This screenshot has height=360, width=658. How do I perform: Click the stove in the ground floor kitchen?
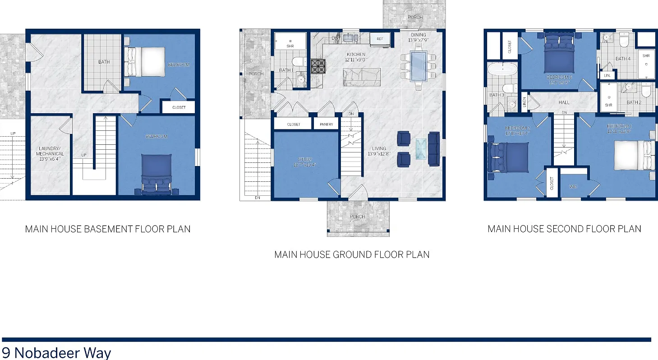click(318, 66)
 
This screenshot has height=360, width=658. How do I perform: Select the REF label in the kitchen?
click(380, 39)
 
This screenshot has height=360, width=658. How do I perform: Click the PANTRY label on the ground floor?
click(326, 124)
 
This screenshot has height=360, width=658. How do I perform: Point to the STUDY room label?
click(305, 162)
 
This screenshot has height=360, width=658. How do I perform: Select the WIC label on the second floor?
click(573, 186)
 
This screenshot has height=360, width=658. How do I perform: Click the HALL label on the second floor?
click(564, 102)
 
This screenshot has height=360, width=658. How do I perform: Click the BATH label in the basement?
click(104, 62)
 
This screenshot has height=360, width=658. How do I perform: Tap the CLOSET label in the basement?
click(179, 107)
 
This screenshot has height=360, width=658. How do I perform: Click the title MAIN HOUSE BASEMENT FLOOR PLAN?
click(108, 229)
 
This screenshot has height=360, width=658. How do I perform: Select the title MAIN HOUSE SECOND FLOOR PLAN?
click(564, 229)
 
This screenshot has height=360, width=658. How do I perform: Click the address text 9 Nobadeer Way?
click(56, 352)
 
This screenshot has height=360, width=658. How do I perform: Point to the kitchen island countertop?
click(362, 77)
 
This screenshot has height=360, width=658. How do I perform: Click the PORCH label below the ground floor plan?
click(358, 217)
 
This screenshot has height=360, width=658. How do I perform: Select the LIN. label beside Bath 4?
click(607, 75)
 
